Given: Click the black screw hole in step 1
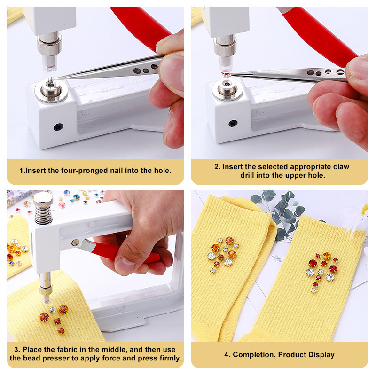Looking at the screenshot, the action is tap(58, 127).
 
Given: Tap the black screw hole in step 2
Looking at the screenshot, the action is tap(233, 123).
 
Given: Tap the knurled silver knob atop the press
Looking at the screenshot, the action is tap(43, 199).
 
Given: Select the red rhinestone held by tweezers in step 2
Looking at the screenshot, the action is tap(226, 74).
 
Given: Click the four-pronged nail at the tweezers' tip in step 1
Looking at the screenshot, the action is tap(51, 82).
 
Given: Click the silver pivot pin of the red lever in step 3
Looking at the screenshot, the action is tap(75, 243).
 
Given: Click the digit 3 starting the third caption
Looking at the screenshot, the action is tap(16, 349).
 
